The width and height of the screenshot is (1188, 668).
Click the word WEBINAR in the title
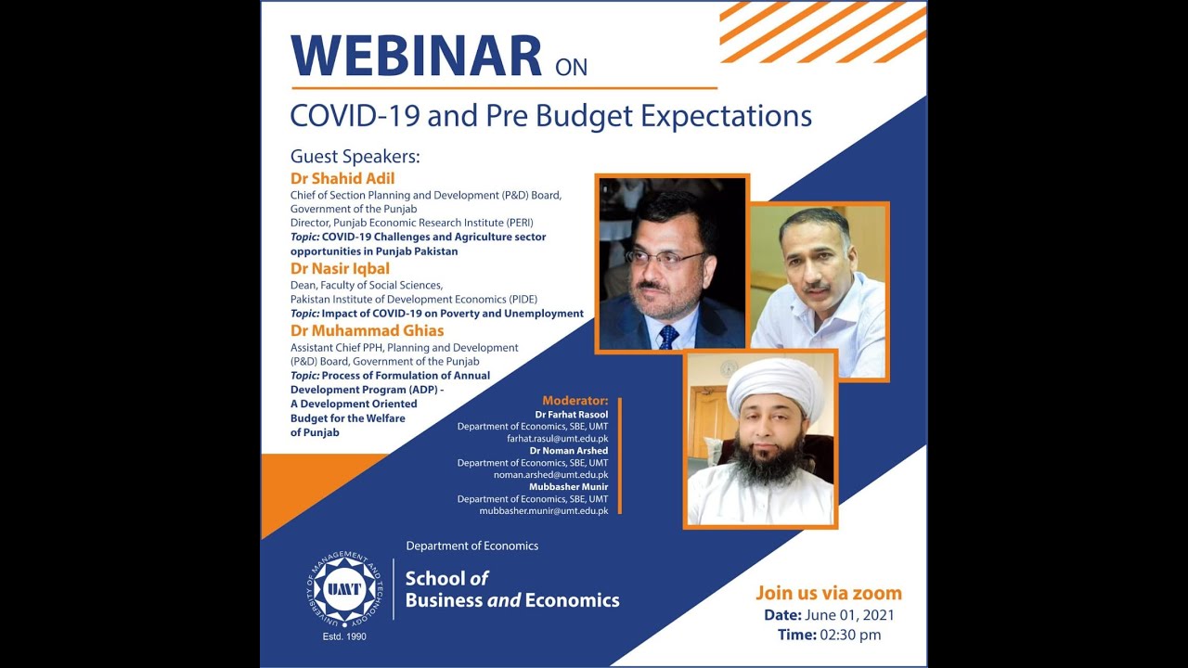coord(416,57)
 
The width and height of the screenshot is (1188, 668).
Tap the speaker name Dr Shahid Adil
coord(342,178)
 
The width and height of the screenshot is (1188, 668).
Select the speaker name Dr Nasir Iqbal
coord(340,269)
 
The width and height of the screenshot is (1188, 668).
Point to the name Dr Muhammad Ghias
coord(367,330)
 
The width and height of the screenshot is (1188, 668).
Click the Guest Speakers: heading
coord(355,156)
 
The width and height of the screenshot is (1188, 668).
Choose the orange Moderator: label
coord(575,401)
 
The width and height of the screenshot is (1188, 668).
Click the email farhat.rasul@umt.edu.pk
coord(557,438)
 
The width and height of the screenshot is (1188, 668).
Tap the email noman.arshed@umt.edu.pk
coord(550,474)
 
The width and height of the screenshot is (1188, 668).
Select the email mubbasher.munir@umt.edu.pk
coord(544,510)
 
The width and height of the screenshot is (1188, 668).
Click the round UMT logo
coord(345,588)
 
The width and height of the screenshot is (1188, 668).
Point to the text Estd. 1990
coord(344,637)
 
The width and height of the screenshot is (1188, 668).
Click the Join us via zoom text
coord(828,594)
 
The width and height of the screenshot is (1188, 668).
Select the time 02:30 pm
coord(849,636)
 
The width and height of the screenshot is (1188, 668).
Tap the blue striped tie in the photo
coord(667,336)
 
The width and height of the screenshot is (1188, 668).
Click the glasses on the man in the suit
coord(664,257)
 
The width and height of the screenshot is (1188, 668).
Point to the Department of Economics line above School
coord(471,546)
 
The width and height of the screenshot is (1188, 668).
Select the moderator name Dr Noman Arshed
coord(569,451)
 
